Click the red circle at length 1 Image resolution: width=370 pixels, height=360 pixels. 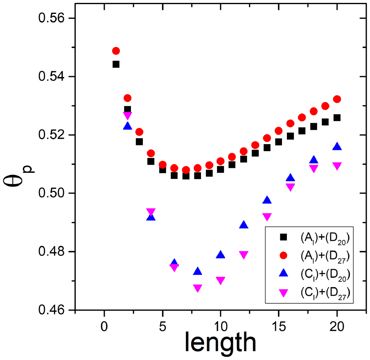click(116, 51)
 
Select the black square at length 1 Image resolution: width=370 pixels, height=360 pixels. click(116, 64)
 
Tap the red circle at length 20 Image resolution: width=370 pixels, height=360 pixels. click(337, 99)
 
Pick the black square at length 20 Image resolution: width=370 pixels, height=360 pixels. click(337, 118)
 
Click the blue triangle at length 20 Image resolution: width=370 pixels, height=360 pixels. click(337, 147)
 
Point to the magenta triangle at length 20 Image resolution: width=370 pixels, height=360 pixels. click(337, 166)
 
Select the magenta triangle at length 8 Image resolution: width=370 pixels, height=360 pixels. click(197, 288)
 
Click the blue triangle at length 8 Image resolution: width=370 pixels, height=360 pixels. click(197, 271)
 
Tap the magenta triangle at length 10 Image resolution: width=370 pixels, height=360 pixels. click(221, 281)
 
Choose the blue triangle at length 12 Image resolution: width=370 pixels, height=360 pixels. click(244, 225)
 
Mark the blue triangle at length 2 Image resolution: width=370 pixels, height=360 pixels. click(128, 126)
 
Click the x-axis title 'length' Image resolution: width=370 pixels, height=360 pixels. click(221, 342)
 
